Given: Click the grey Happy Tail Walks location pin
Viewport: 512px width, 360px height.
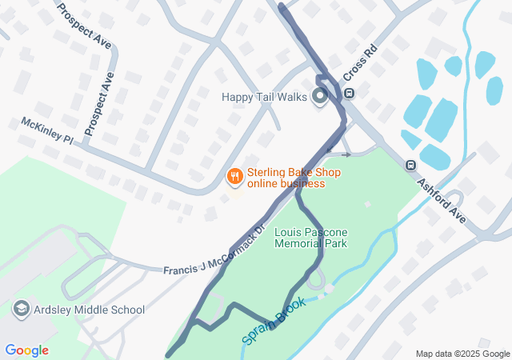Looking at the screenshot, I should tap(321, 98).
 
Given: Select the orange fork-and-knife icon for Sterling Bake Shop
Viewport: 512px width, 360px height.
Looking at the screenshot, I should tap(234, 175).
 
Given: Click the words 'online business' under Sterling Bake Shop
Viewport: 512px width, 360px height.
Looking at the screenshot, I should tap(286, 184).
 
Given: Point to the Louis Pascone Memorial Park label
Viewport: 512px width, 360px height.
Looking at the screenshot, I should tap(310, 238).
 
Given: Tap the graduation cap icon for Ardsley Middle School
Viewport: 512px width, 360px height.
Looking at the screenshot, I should tap(21, 309).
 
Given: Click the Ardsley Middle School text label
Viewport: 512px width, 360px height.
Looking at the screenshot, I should tap(89, 310).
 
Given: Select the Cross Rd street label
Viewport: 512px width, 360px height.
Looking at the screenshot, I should tap(360, 62).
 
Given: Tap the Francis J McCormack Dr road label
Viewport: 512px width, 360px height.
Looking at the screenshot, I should tap(214, 255).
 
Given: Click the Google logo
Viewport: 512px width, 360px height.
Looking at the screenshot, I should tap(26, 350).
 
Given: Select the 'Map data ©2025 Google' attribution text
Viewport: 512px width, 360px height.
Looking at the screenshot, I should tap(462, 354).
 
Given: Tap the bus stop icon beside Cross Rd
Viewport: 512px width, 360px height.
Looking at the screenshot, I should tap(349, 94).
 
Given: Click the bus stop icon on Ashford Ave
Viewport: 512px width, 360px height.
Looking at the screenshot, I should tap(410, 166).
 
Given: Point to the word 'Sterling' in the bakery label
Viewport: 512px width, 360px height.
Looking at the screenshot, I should tap(266, 173).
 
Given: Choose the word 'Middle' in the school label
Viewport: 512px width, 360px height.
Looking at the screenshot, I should tap(94, 310).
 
